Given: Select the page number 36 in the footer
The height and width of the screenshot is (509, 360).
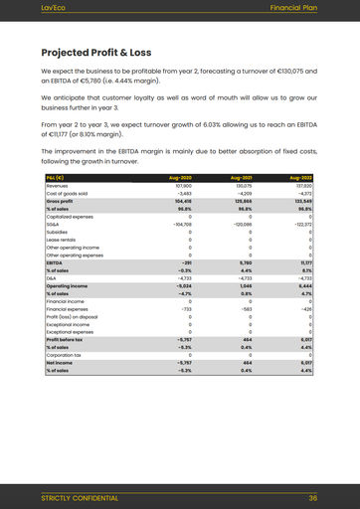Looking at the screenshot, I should [312, 498].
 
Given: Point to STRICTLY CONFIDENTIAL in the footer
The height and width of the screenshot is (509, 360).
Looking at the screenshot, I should [79, 498].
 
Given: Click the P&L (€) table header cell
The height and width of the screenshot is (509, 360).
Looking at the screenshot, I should [56, 177].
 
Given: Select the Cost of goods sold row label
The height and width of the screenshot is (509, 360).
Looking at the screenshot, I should [67, 193].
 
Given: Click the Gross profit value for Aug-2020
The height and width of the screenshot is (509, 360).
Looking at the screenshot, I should [182, 201].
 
